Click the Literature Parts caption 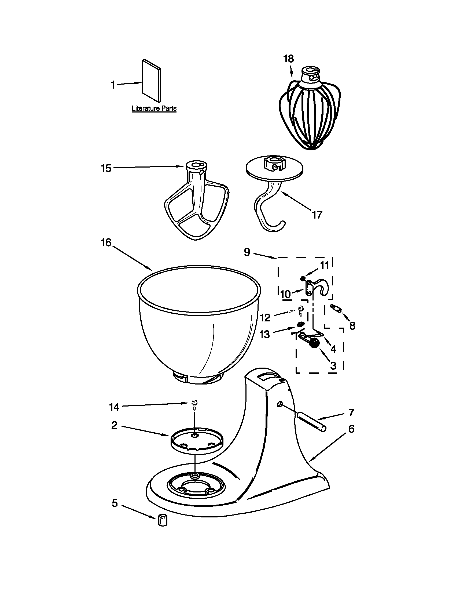pos(154,108)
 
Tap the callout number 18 pos(288,59)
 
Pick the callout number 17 pos(317,215)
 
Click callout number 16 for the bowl pos(106,243)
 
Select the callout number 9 pos(247,252)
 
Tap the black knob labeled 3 pos(314,344)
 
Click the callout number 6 pos(351,429)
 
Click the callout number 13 pos(265,335)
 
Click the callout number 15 pos(106,168)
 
